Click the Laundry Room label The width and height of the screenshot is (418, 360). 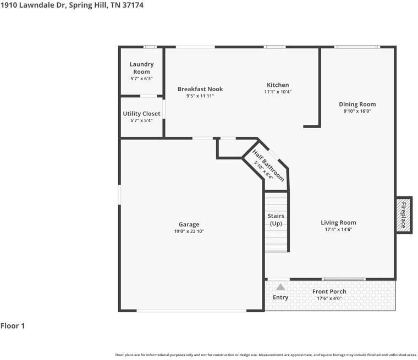pos(141,68)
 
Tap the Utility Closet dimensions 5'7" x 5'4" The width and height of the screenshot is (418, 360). pos(141,120)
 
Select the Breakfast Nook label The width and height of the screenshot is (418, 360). pos(200,89)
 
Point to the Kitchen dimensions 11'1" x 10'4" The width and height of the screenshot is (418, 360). pos(278,92)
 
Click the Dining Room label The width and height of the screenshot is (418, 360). pos(357,104)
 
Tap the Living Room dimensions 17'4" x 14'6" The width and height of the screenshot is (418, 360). pos(338,229)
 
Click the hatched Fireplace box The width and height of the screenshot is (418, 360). pos(404,215)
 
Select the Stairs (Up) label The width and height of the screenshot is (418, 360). pos(276,219)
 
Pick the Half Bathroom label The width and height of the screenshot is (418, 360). pos(268,166)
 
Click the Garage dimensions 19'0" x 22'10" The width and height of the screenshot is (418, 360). pos(189,231)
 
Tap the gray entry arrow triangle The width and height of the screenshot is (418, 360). pos(280,287)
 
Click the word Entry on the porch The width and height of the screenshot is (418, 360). pos(280,297)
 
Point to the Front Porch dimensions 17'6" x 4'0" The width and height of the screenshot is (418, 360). pos(329,298)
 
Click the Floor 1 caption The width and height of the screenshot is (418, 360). pos(13,325)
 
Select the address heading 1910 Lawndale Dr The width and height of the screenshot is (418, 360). pos(34,5)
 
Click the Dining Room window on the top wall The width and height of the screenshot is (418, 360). pos(357,47)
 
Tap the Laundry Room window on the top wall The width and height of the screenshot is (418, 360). pos(150,47)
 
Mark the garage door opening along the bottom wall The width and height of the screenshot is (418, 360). pos(191,311)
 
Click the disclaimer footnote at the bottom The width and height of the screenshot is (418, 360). pos(266,355)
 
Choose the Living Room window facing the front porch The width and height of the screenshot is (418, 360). pos(343,279)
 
